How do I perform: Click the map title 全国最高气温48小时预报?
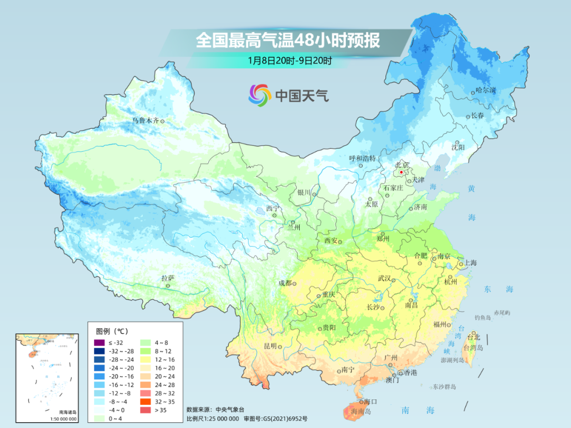click(x=288, y=41)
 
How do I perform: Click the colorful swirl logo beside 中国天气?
click(x=260, y=95)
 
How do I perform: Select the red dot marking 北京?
click(x=401, y=172)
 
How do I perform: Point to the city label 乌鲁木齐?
click(x=145, y=120)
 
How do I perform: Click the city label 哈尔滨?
click(x=485, y=91)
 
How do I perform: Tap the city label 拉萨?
click(x=168, y=278)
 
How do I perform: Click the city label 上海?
click(x=470, y=263)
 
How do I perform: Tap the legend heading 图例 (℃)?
click(x=112, y=331)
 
